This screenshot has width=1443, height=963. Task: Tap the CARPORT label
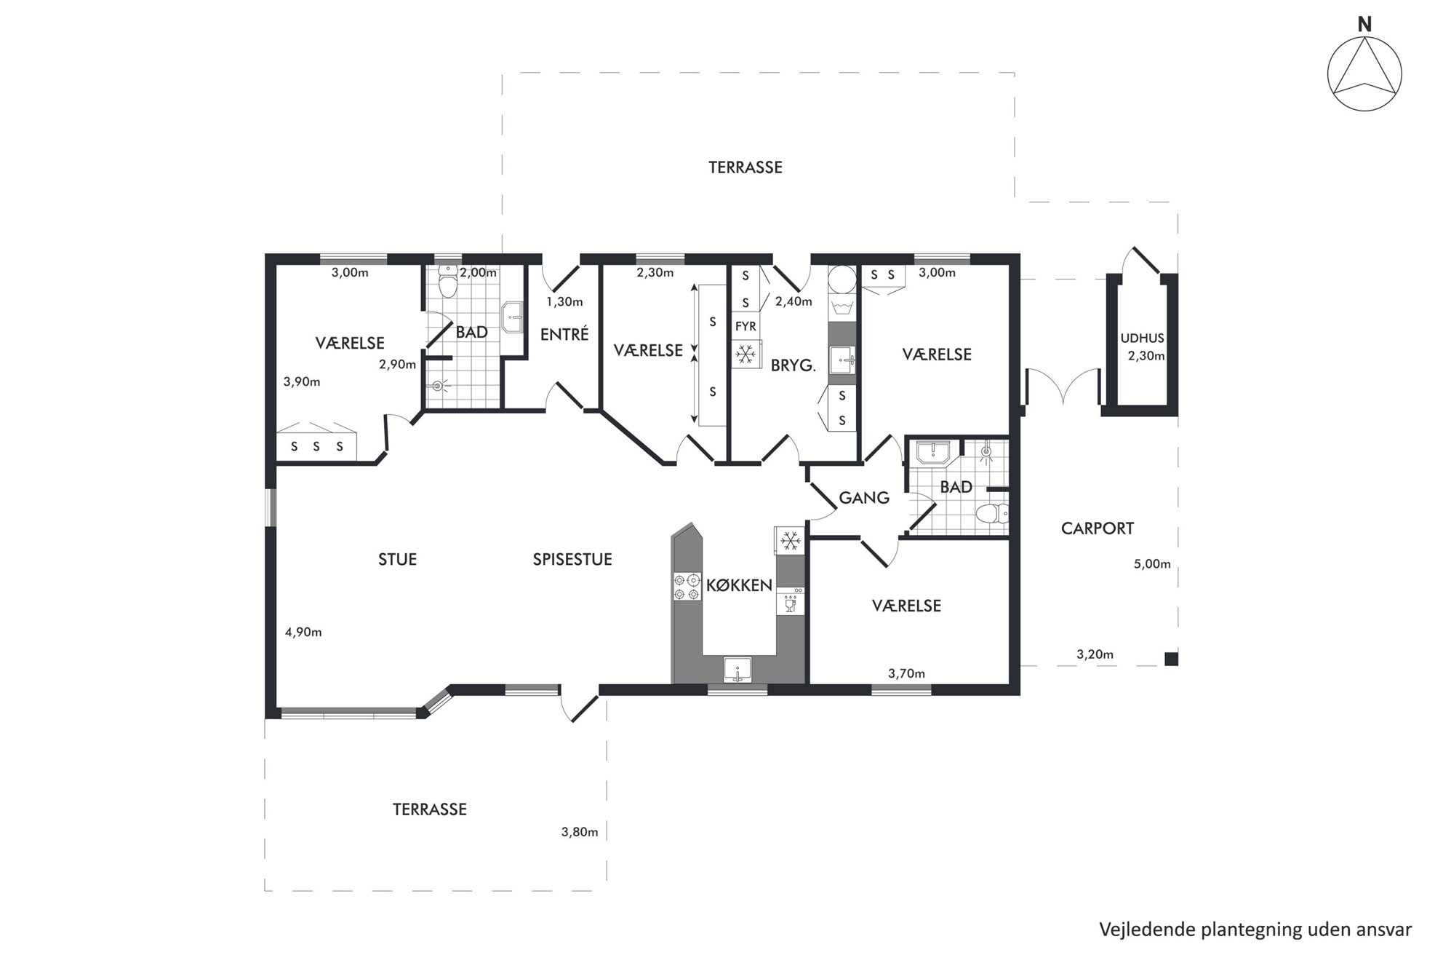click(1097, 528)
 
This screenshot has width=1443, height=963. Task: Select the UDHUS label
click(1142, 338)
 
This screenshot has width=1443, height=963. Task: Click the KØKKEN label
click(739, 585)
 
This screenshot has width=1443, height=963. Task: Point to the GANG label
click(864, 498)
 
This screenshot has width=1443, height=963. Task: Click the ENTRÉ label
click(564, 334)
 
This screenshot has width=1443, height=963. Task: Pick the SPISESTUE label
click(572, 559)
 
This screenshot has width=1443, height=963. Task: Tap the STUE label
click(397, 559)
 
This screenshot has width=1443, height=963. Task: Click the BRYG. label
click(794, 365)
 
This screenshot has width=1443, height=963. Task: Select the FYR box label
click(746, 327)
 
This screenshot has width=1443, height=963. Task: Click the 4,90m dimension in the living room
click(303, 632)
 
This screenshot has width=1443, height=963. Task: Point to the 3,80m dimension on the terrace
click(580, 832)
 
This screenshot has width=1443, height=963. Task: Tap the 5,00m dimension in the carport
click(1152, 564)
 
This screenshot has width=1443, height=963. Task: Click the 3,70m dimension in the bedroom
click(906, 674)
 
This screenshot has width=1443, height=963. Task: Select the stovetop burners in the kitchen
click(687, 587)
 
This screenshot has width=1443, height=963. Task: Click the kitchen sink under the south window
click(738, 669)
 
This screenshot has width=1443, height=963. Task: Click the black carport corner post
click(1171, 659)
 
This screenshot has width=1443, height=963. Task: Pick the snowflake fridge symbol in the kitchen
click(790, 540)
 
